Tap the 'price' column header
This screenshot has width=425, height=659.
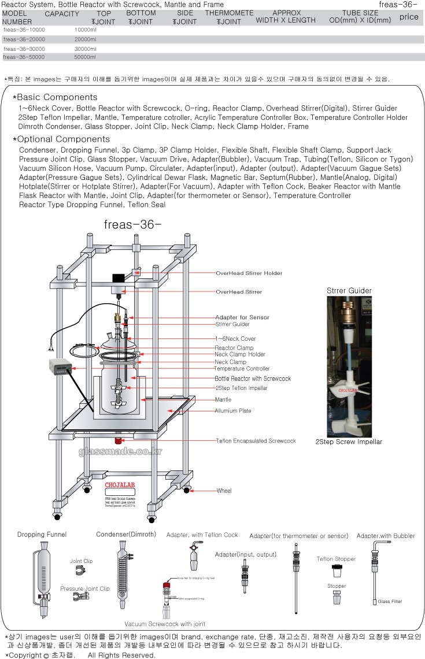coord(409,17)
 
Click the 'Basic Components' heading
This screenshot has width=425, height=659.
coord(57,97)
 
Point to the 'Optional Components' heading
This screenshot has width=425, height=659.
coord(64,139)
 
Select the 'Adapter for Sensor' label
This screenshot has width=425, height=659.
coord(242,317)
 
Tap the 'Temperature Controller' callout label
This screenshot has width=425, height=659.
coord(242,369)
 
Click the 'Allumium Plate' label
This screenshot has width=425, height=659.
coord(233,411)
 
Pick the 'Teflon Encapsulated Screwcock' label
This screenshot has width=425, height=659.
coord(256,441)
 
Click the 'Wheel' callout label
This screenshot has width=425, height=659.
coord(224,491)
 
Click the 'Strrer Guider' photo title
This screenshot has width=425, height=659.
coord(349,290)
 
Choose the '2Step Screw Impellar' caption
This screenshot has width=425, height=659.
coord(348,442)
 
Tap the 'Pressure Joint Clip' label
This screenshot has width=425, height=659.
coord(84,588)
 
